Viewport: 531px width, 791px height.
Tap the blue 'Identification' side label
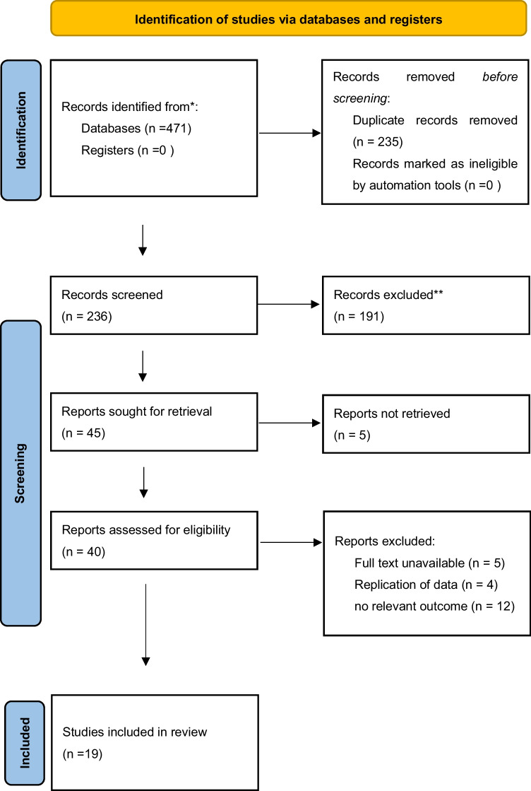click(20, 130)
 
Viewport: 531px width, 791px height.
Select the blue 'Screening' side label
click(20, 473)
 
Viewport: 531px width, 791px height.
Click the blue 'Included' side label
click(25, 743)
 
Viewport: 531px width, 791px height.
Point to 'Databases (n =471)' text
click(136, 129)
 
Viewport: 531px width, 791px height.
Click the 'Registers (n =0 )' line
click(128, 151)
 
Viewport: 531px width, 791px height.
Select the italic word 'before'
click(500, 76)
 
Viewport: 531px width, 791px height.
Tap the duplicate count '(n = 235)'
click(378, 142)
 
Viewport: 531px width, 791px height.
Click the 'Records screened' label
click(112, 295)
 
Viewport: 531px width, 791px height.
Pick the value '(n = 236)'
click(87, 316)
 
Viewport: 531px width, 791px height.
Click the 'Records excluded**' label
click(388, 295)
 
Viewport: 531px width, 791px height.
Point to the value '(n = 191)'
click(359, 316)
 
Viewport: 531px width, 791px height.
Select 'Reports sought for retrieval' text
click(136, 411)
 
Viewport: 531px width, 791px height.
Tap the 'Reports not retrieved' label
click(392, 414)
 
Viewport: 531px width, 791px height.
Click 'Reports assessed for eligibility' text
click(146, 530)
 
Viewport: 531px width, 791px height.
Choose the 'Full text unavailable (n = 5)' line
click(430, 563)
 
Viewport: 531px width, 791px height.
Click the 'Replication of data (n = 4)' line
click(426, 585)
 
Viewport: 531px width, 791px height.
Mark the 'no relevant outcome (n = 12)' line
click(434, 607)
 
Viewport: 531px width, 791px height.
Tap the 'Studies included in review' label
click(134, 732)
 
